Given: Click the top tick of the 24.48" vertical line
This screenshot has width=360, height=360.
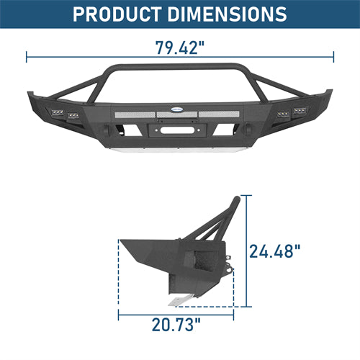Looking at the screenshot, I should coord(246,195).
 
